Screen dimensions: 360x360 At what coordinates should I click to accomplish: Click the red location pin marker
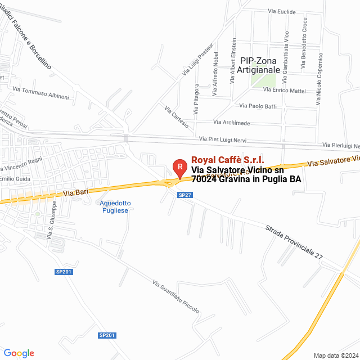(x=179, y=168)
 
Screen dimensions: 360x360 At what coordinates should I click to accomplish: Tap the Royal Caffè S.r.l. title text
(x=228, y=160)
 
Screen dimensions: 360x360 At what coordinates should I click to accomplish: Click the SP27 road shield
(x=185, y=195)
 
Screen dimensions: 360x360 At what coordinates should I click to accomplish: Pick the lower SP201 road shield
(x=107, y=335)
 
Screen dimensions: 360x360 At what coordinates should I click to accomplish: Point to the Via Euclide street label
(x=282, y=11)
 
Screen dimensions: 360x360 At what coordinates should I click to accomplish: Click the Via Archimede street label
(x=232, y=122)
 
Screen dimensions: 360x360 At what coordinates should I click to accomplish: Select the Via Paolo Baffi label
(x=258, y=105)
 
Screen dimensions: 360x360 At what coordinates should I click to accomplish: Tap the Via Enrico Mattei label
(x=284, y=90)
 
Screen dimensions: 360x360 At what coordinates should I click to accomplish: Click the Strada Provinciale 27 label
(x=294, y=242)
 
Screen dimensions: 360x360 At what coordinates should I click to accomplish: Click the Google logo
(x=19, y=353)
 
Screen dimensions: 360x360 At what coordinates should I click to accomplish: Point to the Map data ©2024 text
(x=335, y=355)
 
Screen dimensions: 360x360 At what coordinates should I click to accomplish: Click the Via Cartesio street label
(x=177, y=116)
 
